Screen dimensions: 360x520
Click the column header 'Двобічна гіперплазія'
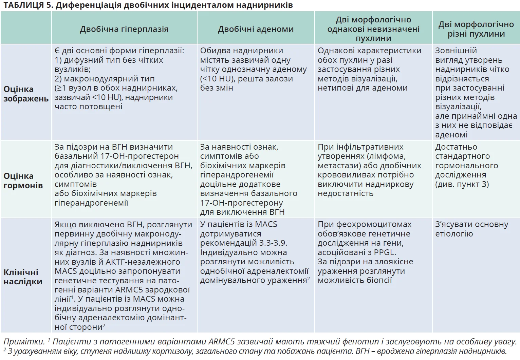coord(124,29)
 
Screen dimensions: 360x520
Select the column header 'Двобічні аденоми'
coord(256,29)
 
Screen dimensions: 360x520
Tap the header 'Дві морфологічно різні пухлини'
coord(476,29)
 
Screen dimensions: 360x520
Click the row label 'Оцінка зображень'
coord(26,94)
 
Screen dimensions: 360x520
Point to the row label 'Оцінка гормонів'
coord(23,181)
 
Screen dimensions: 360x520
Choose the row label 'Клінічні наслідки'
coord(23,277)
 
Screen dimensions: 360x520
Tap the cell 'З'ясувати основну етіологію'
coord(471,229)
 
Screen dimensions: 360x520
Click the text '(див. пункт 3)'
coord(462,184)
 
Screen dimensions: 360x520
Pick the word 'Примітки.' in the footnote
coord(24,342)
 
